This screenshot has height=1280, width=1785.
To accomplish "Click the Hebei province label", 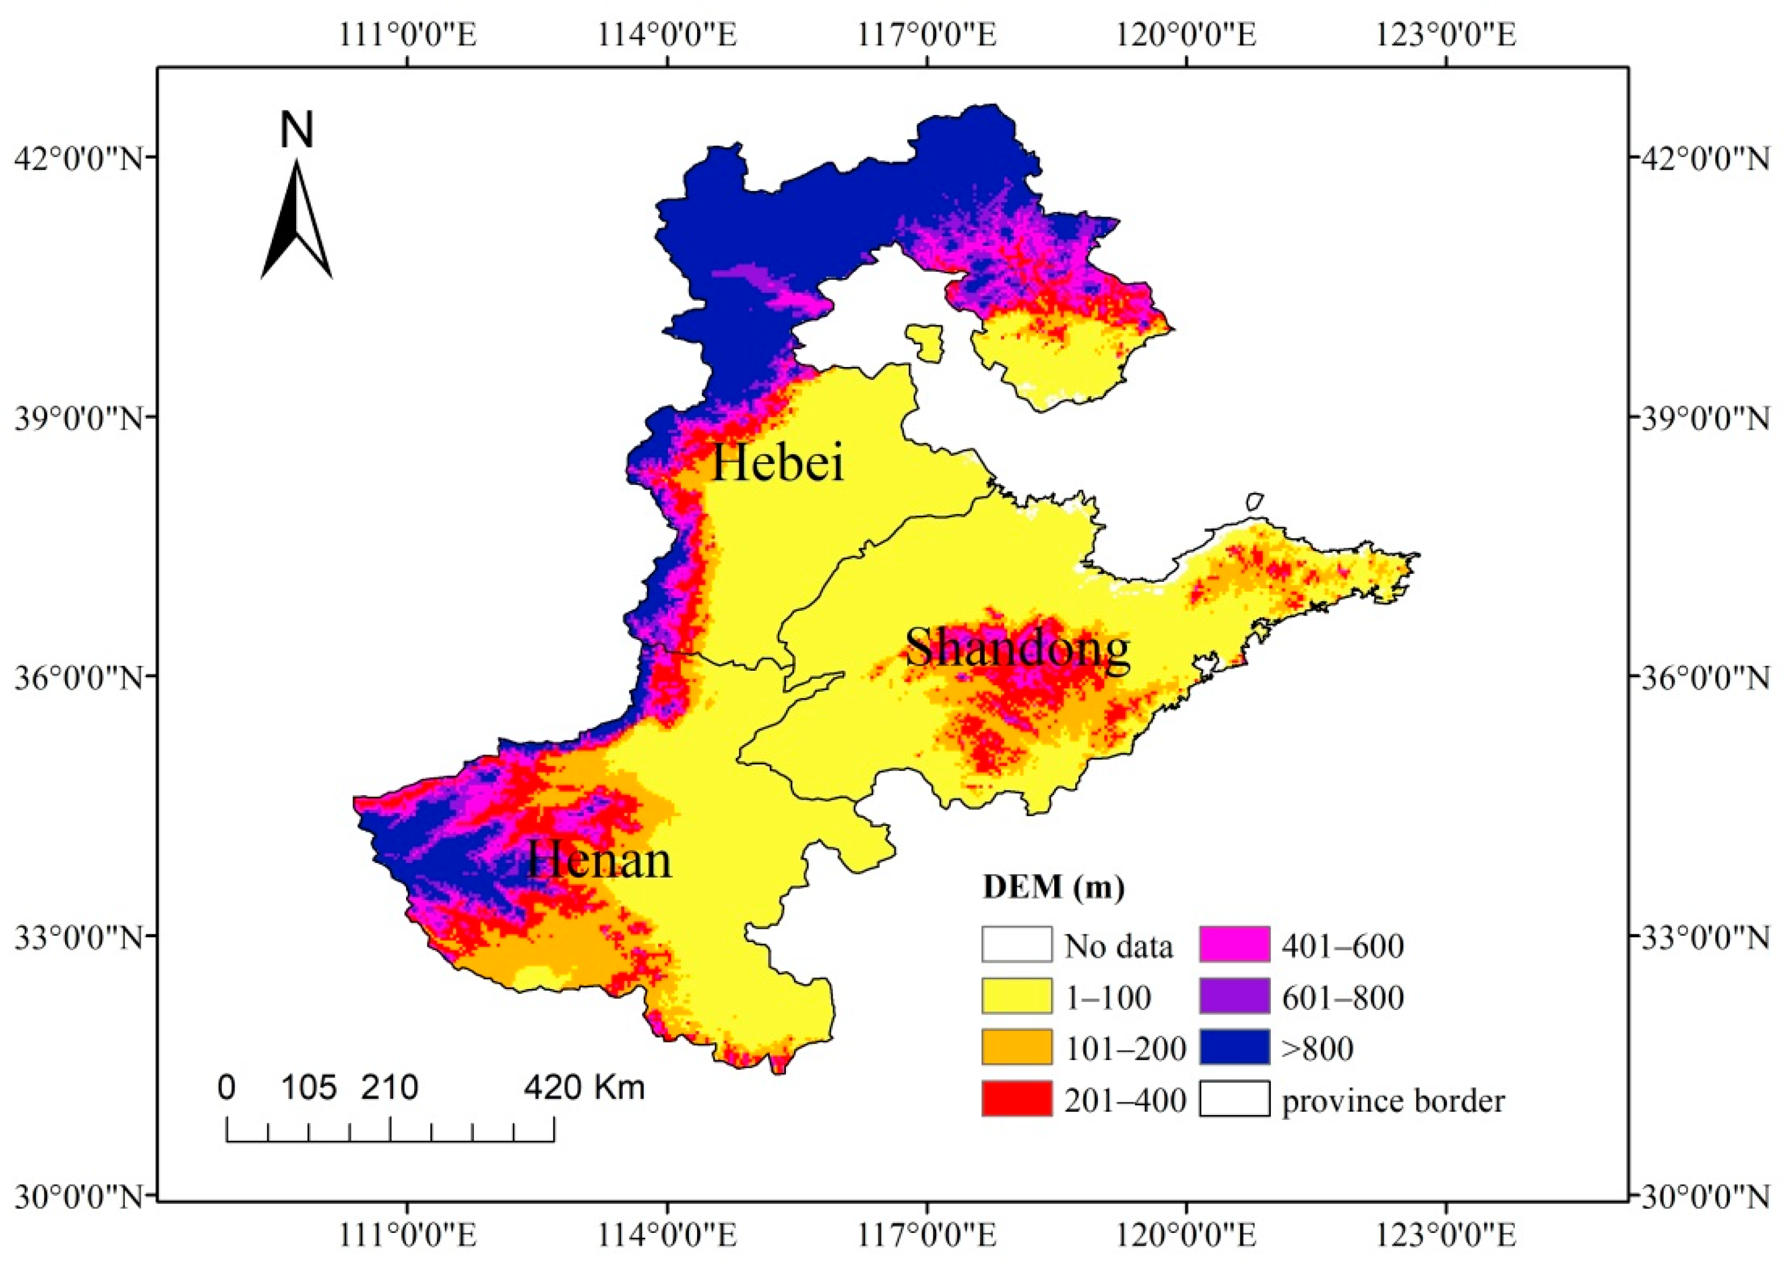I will [x=778, y=463].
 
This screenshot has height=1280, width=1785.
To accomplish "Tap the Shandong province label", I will [x=1017, y=650].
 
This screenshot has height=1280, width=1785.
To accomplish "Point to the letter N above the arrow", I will [x=297, y=130].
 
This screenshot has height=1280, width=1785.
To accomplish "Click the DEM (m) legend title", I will [x=1053, y=887].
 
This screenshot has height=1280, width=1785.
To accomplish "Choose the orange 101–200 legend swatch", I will [x=1016, y=1047].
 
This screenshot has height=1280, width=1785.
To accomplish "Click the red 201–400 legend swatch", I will [x=1016, y=1099].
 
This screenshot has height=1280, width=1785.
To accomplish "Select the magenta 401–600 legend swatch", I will [x=1235, y=945].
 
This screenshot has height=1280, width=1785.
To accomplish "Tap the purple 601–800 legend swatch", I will [x=1235, y=996].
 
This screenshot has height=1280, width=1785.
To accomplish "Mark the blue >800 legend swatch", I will [x=1235, y=1047].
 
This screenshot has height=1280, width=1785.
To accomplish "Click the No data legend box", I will [x=1016, y=945].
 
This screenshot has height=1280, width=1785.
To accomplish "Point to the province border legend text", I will [x=1392, y=1101].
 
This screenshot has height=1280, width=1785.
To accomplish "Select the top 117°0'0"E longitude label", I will [x=926, y=35].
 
